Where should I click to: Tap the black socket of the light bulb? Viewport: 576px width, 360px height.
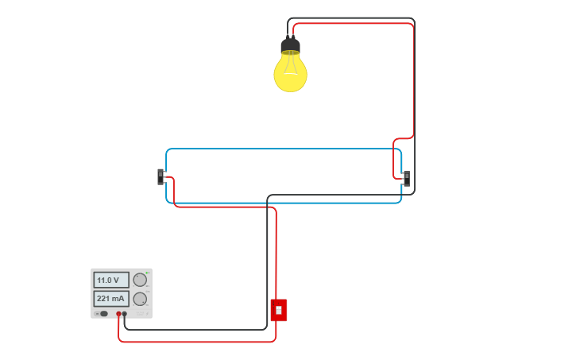pos(290,45)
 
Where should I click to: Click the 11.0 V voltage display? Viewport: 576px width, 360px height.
pos(110,280)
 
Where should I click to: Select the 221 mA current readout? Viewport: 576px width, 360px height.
pos(110,299)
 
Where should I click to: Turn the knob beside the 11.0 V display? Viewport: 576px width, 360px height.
pos(140,280)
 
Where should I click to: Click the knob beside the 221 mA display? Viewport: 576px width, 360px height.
pos(140,299)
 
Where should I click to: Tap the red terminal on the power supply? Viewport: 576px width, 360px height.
pos(118,314)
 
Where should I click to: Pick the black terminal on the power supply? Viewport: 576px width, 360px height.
pos(125,314)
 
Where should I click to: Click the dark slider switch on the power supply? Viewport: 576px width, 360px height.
pos(102,314)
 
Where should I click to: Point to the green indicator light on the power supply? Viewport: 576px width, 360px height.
pos(147,273)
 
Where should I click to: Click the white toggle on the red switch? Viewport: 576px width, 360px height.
pos(278,310)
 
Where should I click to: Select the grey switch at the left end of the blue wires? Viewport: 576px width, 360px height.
pos(160,176)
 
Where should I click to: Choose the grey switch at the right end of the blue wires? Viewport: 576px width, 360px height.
pos(406,178)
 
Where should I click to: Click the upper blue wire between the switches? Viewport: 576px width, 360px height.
pos(286,149)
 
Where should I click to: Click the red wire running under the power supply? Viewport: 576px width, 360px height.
pos(199,342)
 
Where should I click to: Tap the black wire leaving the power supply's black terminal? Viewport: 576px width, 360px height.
pos(199,329)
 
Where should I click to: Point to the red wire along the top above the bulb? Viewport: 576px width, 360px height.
pos(358,24)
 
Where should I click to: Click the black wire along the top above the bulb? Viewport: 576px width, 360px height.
pos(358,18)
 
